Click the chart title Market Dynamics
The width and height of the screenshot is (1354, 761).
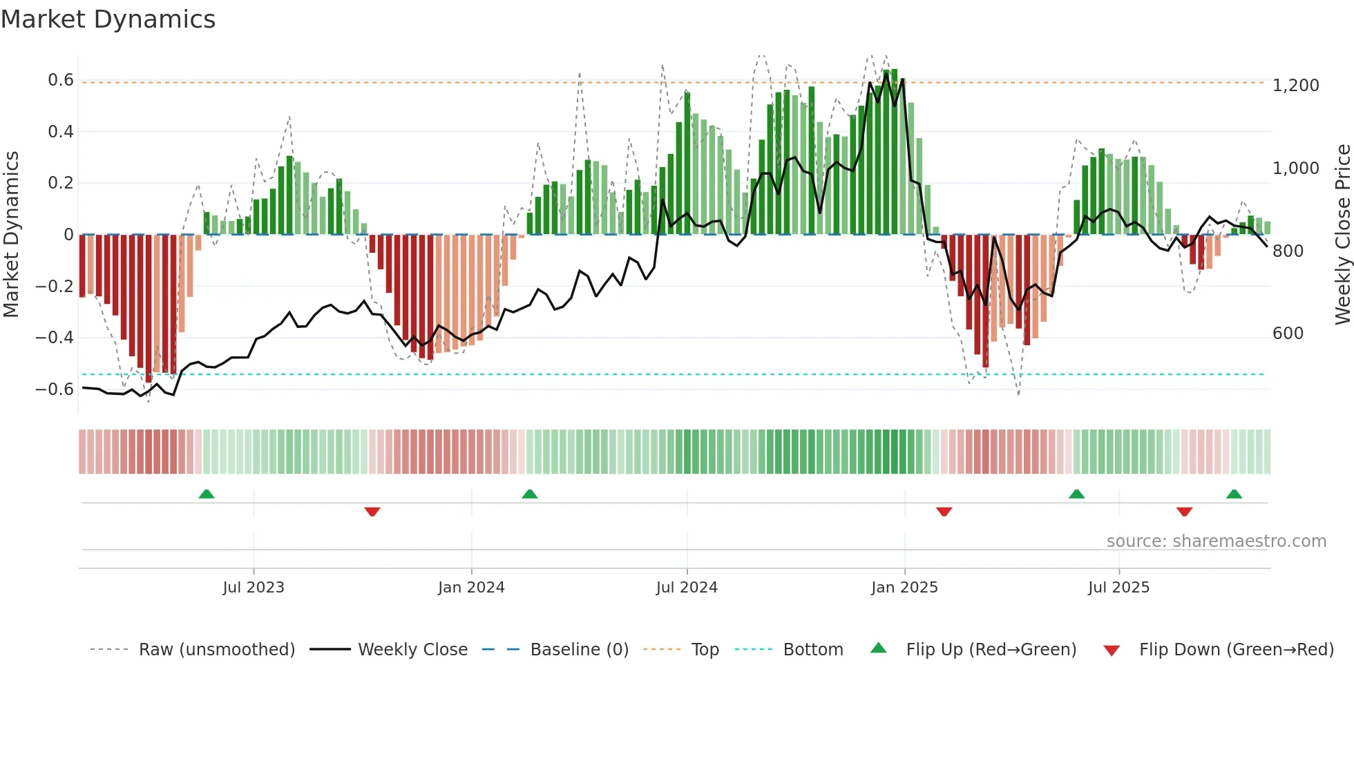coord(108,19)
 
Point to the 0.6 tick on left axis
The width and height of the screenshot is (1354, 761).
coord(61,80)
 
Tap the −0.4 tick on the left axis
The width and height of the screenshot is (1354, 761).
coord(55,338)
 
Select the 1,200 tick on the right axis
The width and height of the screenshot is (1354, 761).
coord(1295,86)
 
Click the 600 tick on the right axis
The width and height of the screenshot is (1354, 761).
coord(1288,334)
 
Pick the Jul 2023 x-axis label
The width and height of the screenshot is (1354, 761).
coord(254,588)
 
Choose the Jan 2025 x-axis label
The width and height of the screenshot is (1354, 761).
coord(904,588)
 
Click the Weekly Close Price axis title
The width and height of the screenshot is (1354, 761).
coord(1342,235)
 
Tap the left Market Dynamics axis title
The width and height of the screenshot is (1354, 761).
coord(12,235)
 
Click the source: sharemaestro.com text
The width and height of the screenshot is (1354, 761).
coord(1216,541)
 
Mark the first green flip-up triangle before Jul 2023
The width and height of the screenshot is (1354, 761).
coord(207,494)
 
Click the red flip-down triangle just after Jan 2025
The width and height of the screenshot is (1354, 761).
coord(944,512)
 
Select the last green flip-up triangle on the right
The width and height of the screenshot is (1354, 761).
coord(1234,494)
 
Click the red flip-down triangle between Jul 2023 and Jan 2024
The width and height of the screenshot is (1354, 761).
coord(372,512)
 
